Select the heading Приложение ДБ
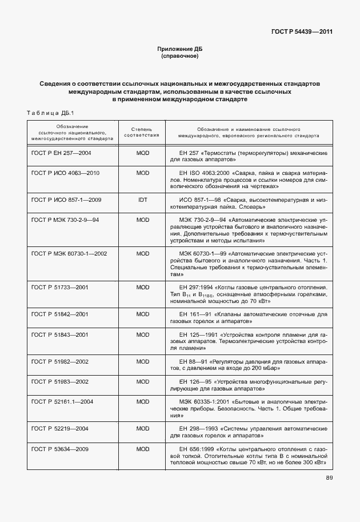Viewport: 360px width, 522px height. (180, 50)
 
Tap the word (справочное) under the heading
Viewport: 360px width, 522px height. (180, 57)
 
